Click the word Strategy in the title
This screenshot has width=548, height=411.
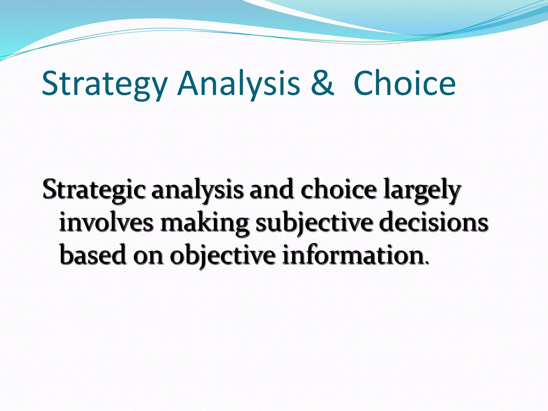click(x=104, y=84)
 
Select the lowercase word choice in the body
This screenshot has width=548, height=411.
click(x=338, y=189)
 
